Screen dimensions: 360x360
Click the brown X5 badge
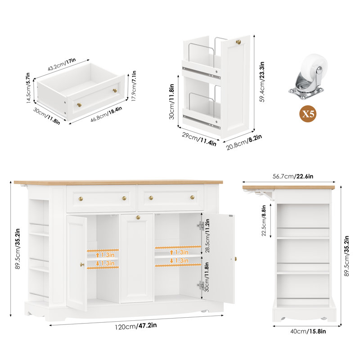click(308, 114)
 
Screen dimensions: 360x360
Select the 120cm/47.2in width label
click(136, 326)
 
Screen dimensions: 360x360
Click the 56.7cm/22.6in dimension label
click(293, 176)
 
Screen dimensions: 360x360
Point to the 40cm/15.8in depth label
click(308, 331)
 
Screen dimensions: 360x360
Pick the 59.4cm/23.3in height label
click(262, 82)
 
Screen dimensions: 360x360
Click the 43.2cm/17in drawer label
click(62, 64)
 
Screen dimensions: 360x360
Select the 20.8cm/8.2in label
click(244, 142)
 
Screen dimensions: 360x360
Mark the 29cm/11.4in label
click(199, 139)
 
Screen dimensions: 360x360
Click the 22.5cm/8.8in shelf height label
click(264, 220)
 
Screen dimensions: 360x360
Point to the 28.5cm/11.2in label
click(207, 235)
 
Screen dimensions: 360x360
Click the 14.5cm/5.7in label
click(28, 88)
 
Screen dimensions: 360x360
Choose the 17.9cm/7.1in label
click(134, 86)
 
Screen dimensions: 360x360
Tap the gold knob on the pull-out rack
click(238, 42)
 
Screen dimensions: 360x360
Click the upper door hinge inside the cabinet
click(200, 226)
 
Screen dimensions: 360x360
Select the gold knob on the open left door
click(82, 265)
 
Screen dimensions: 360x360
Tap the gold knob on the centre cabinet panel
click(138, 217)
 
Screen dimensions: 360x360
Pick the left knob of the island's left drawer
click(81, 198)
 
